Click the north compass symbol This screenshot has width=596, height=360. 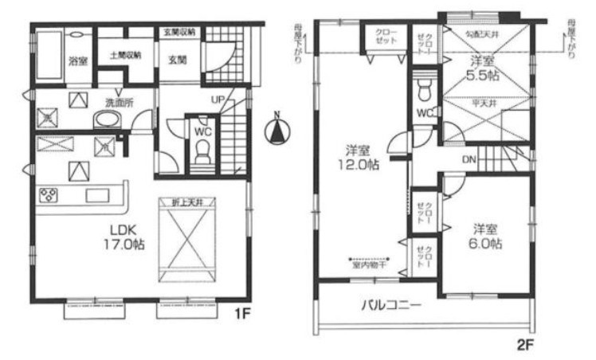pos(276,130)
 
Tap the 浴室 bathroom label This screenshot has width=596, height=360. pos(77,61)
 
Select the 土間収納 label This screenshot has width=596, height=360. pos(125,56)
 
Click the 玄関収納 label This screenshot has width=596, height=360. pos(181,32)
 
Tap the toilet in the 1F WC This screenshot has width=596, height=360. pos(202,153)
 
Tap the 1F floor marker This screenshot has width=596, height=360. pos(245,313)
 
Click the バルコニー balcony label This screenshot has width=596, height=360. pos(390,304)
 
